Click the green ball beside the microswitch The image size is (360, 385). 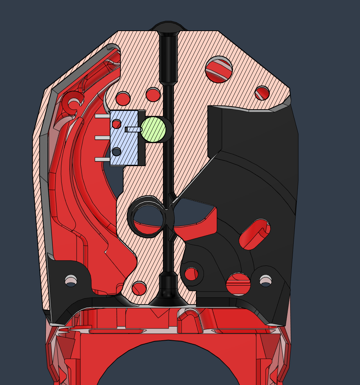153,129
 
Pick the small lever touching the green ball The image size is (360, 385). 133,129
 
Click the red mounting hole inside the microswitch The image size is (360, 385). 117,124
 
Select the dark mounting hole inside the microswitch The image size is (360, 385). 117,152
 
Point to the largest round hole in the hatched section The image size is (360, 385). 219,69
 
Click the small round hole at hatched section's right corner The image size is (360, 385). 262,93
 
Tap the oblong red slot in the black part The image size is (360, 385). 255,234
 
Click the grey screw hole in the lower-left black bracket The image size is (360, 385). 71,281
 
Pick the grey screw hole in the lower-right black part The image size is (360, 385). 266,281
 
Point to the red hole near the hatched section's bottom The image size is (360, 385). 139,288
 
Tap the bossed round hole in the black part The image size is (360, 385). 191,273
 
